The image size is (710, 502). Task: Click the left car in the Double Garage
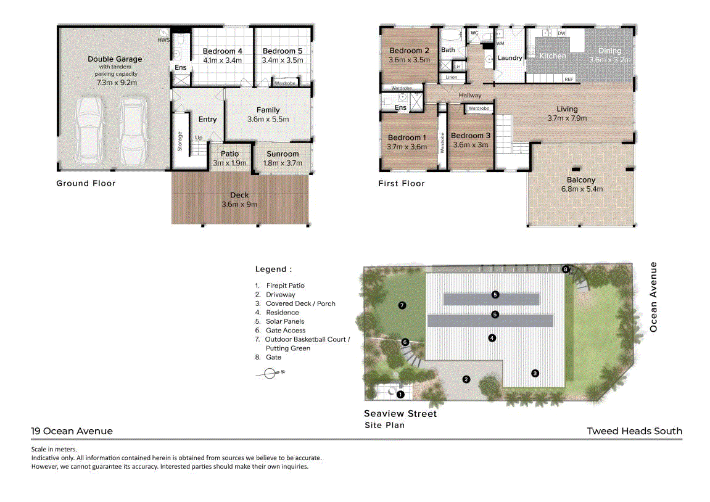pos(89,131)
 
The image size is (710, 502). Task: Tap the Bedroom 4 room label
pos(222,51)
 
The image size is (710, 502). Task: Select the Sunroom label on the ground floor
pos(283,154)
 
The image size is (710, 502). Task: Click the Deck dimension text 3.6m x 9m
pos(239,205)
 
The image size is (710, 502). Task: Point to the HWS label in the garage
pos(163,40)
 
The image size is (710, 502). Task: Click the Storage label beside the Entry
pos(180,141)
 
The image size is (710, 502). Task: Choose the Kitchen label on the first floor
pos(553,56)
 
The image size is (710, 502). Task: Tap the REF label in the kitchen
pos(569,79)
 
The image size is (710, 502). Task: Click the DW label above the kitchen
pos(561,33)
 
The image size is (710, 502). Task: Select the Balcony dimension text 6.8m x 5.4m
pos(582,189)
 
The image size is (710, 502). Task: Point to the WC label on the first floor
pos(474,33)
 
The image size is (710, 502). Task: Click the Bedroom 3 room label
pos(471,135)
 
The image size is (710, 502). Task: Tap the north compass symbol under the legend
pos(270,374)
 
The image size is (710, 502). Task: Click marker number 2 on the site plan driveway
pos(466,379)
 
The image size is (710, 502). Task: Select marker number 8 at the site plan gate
pos(565,270)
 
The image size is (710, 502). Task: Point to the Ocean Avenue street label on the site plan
pos(653,297)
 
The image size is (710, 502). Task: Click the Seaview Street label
pos(400,414)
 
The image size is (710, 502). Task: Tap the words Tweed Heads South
pos(634,431)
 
